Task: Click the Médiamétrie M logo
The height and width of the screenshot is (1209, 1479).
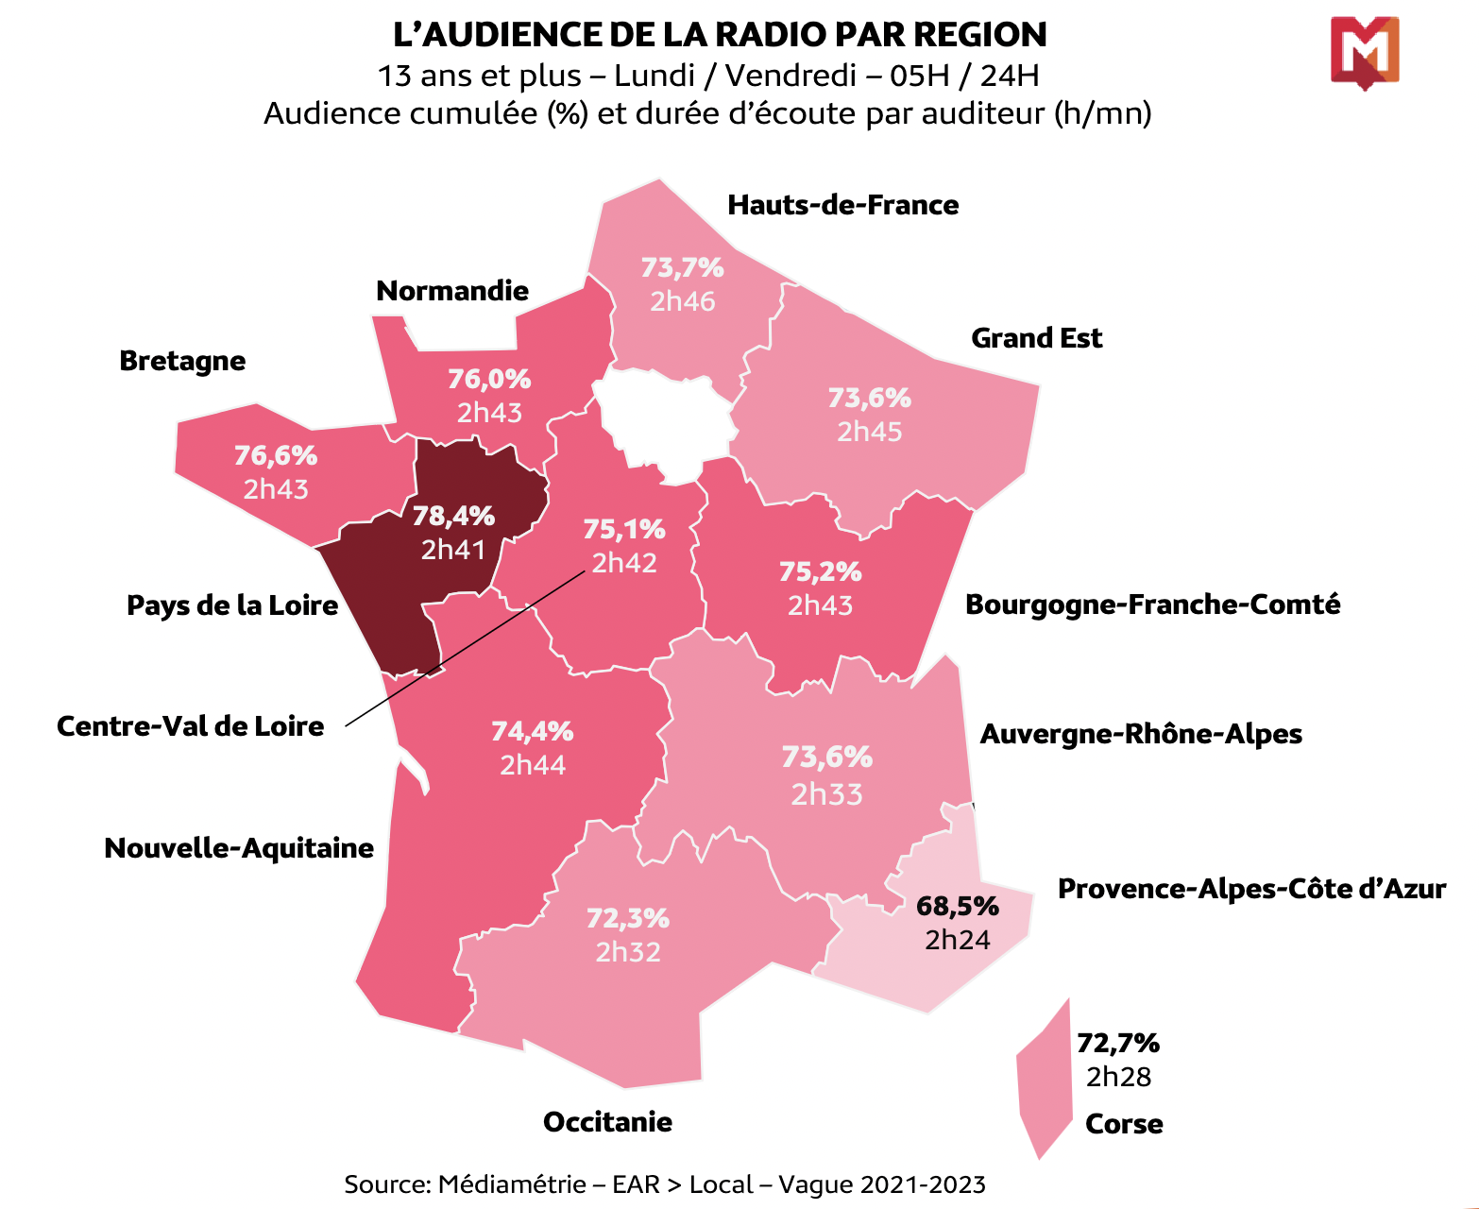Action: tap(1364, 52)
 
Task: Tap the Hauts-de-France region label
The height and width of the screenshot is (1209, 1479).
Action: tap(842, 205)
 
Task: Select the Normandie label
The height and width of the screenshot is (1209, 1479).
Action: tap(452, 291)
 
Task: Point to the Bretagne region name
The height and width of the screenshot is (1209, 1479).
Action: tap(182, 361)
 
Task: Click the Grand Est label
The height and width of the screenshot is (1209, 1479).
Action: tap(1036, 338)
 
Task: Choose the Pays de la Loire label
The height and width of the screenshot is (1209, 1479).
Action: tap(232, 605)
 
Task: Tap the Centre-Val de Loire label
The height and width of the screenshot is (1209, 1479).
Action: tap(190, 726)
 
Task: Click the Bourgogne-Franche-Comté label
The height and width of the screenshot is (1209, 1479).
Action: tap(1152, 604)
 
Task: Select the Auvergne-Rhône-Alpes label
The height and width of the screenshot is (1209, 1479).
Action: tap(1141, 734)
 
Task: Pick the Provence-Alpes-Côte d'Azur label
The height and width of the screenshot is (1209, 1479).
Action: tap(1251, 889)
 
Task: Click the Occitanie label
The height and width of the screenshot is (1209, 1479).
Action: tap(607, 1122)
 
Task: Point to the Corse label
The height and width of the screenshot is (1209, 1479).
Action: tap(1124, 1124)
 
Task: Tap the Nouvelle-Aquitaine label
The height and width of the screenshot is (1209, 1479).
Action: tap(239, 848)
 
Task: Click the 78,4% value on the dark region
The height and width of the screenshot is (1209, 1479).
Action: tap(453, 516)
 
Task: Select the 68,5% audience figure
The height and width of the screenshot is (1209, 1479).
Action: tap(958, 907)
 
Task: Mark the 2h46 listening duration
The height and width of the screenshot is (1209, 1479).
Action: tap(682, 301)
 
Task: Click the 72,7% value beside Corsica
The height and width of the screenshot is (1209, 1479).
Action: tap(1118, 1043)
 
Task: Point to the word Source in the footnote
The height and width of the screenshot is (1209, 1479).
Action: tap(386, 1184)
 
